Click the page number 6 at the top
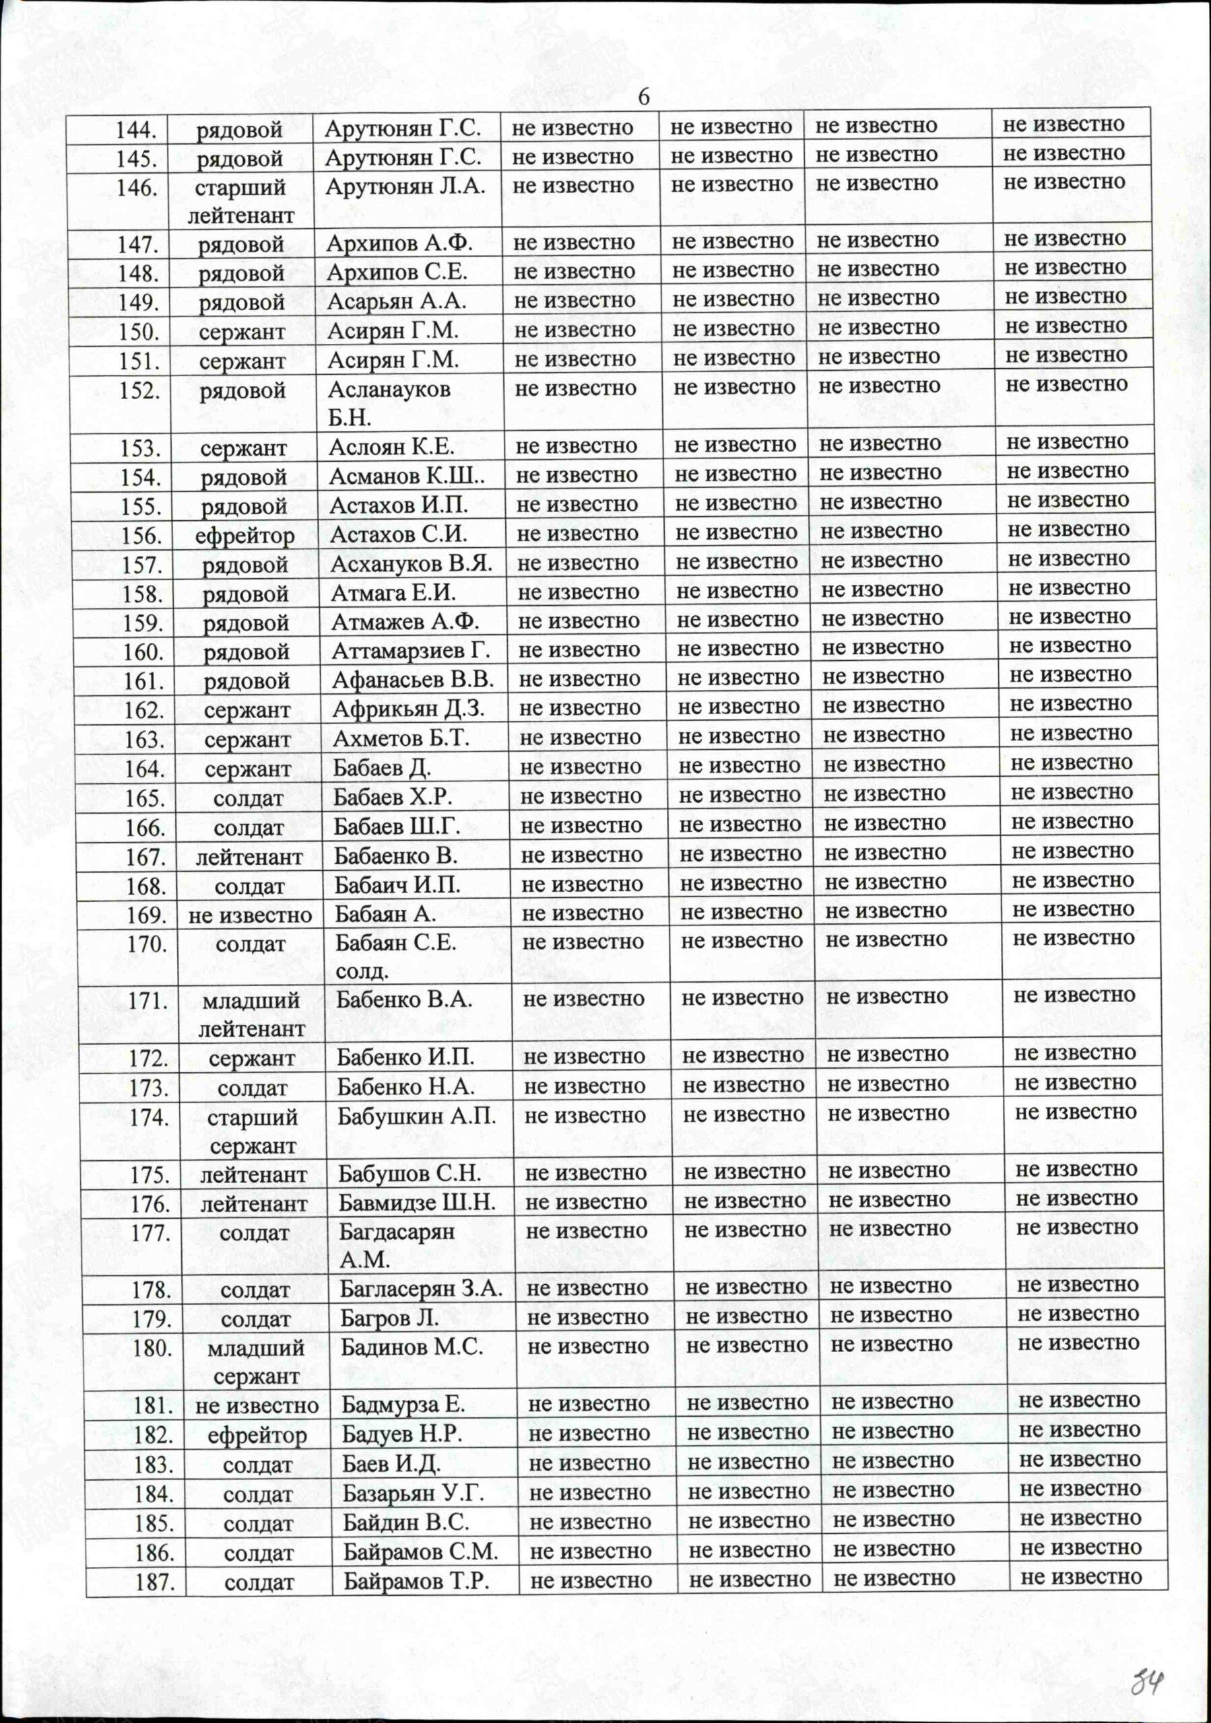tap(643, 98)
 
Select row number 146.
tap(137, 187)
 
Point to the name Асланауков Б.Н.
tap(389, 403)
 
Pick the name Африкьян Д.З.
tap(408, 709)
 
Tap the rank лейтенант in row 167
tap(249, 856)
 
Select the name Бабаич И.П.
tap(397, 886)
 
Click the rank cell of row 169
tap(250, 915)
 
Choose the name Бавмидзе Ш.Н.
tap(417, 1203)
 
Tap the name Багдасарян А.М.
tap(397, 1246)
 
